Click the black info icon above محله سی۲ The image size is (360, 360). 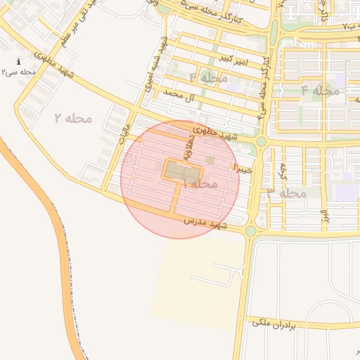point(18,62)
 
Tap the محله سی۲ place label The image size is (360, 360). point(18,72)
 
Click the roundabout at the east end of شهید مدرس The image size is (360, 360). point(251,230)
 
